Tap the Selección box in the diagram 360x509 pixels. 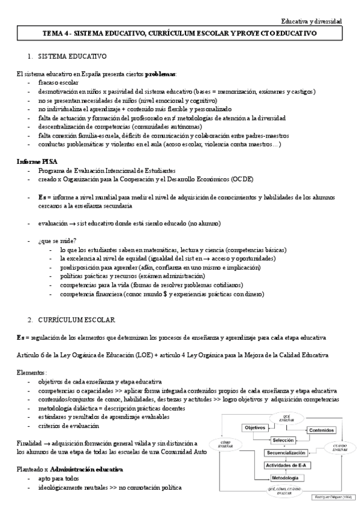click(283, 440)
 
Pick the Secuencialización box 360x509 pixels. click(286, 453)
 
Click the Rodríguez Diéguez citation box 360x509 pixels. click(334, 497)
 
